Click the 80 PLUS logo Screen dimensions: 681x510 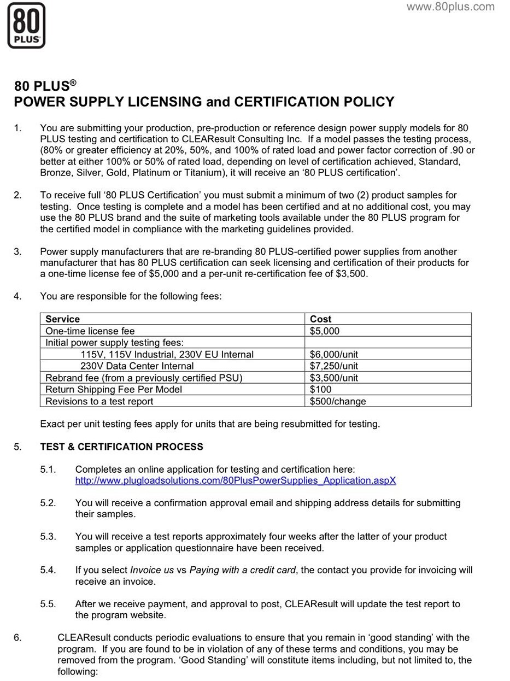pyautogui.click(x=26, y=26)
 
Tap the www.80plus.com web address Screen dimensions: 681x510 pyautogui.click(x=450, y=7)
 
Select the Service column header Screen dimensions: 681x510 pyautogui.click(x=62, y=319)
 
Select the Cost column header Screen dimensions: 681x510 pyautogui.click(x=320, y=319)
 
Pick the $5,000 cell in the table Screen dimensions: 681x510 pyautogui.click(x=325, y=331)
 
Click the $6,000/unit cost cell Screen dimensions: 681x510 pyautogui.click(x=333, y=355)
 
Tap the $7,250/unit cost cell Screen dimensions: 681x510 pyautogui.click(x=333, y=366)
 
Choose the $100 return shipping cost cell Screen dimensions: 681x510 pyautogui.click(x=320, y=390)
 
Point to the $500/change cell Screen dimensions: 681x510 pyautogui.click(x=337, y=402)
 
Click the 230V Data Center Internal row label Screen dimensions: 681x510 pyautogui.click(x=137, y=366)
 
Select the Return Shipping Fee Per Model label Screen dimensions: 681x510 pyautogui.click(x=114, y=390)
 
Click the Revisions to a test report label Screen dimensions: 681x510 pyautogui.click(x=99, y=402)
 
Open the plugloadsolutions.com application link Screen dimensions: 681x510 pyautogui.click(x=235, y=481)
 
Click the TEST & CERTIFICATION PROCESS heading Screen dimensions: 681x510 pyautogui.click(x=121, y=447)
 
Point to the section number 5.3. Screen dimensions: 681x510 pyautogui.click(x=48, y=537)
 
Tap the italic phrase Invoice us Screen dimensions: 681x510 pyautogui.click(x=152, y=570)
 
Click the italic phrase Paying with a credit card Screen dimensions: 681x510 pyautogui.click(x=243, y=570)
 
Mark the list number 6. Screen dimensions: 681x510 pyautogui.click(x=17, y=638)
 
